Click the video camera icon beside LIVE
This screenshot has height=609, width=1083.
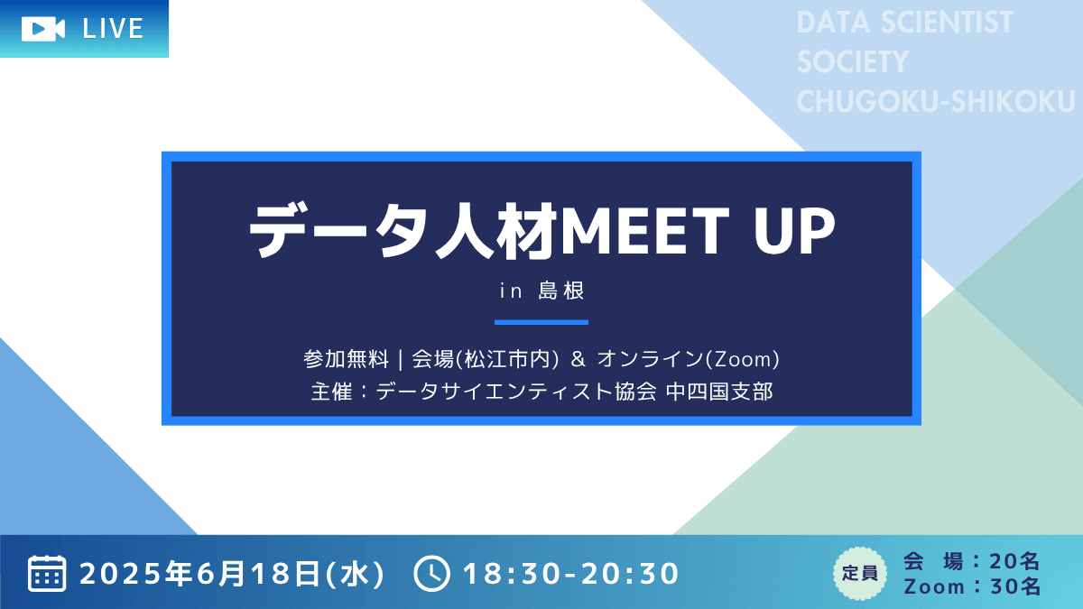43,29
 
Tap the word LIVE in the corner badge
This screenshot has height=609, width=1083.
113,29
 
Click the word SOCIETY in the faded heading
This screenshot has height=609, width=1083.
853,62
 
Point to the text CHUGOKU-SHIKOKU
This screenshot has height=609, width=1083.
936,101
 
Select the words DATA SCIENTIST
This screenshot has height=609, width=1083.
904,23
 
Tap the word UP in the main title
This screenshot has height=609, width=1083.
795,231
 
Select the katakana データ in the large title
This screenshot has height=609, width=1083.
341,231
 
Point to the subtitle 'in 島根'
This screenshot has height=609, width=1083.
541,291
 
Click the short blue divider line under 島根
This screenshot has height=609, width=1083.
541,322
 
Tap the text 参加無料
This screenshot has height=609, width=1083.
347,359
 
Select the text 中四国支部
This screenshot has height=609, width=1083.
720,392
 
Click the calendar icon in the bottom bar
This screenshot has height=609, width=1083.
47,573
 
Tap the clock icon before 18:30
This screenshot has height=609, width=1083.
431,574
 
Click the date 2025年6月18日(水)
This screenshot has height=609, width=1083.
232,574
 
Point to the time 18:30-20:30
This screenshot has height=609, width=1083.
571,574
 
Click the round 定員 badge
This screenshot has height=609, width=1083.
859,574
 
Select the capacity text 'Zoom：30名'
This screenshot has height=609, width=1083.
972,586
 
